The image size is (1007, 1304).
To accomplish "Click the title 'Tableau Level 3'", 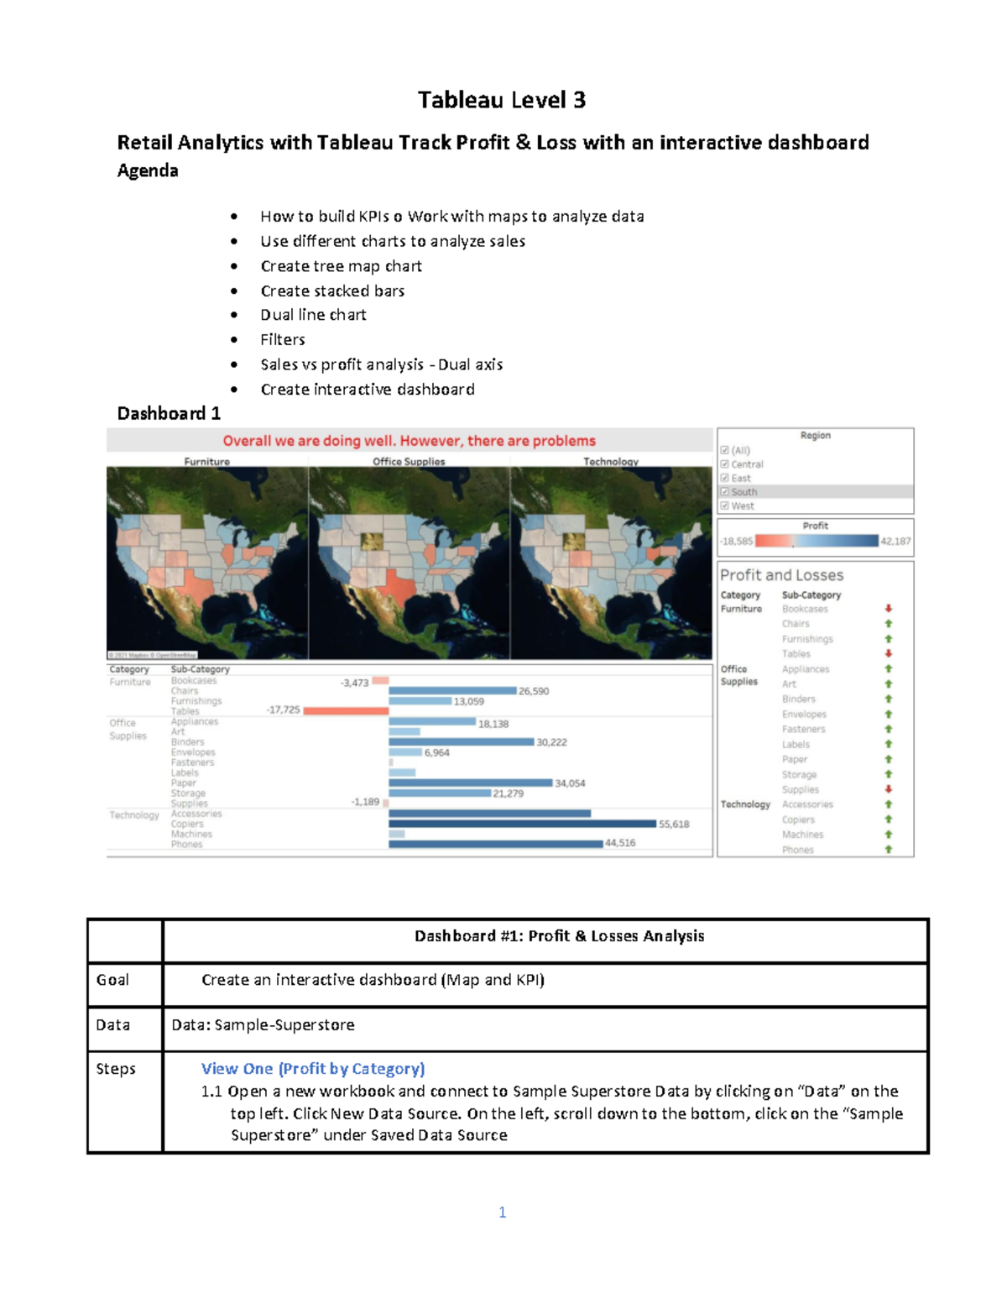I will click(502, 101).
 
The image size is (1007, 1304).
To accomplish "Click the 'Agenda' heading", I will click(148, 170).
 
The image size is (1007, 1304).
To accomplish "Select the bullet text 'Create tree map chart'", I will click(341, 266).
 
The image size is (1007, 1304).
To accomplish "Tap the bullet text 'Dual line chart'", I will click(313, 315).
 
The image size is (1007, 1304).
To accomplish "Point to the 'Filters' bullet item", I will click(283, 340).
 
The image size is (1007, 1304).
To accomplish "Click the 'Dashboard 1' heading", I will click(169, 413).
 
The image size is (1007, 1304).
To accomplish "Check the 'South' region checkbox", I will click(725, 492).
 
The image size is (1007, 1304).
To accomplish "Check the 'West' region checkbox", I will click(725, 506).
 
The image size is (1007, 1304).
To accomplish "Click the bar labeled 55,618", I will click(522, 824).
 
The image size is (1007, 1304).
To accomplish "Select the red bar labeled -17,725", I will click(346, 710).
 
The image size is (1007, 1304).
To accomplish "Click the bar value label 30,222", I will click(551, 742).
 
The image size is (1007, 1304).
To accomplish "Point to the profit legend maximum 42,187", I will click(895, 542).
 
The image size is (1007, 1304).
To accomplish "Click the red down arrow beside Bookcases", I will click(888, 609).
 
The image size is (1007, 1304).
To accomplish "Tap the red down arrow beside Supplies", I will click(888, 789).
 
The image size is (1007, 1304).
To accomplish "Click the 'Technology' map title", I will click(610, 462).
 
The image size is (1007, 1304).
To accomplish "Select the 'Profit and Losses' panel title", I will click(781, 575).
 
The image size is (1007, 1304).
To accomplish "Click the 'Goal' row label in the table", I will click(112, 980).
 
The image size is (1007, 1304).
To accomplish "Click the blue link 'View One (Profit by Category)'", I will click(313, 1069).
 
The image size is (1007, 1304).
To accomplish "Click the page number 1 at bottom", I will click(502, 1212).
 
